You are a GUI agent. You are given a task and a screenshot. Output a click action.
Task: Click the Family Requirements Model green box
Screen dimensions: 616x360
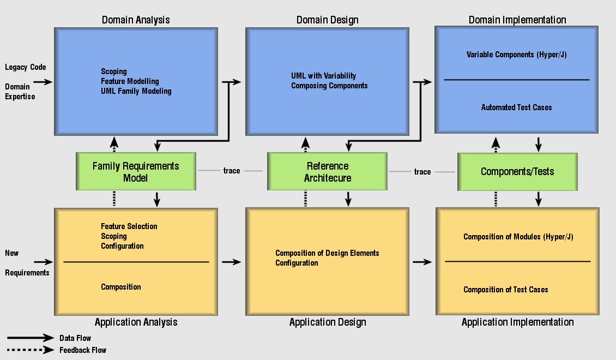pyautogui.click(x=136, y=171)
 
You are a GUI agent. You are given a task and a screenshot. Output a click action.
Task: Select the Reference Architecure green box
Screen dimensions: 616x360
pyautogui.click(x=327, y=171)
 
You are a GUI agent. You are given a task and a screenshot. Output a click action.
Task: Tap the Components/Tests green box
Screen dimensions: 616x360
pyautogui.click(x=517, y=172)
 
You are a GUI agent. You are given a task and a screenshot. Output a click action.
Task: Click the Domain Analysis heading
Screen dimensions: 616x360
pyautogui.click(x=136, y=20)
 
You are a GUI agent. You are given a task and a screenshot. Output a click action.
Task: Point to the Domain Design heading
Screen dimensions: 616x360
pyautogui.click(x=327, y=20)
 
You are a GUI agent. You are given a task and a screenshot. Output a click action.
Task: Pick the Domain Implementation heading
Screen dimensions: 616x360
pyautogui.click(x=517, y=20)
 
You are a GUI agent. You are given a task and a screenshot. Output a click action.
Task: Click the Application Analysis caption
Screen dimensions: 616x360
pyautogui.click(x=136, y=322)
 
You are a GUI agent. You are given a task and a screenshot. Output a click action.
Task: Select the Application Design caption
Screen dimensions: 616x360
pyautogui.click(x=328, y=322)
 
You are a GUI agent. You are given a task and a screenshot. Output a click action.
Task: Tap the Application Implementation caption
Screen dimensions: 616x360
pyautogui.click(x=517, y=322)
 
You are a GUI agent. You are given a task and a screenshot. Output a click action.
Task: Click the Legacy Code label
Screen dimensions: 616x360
pyautogui.click(x=26, y=67)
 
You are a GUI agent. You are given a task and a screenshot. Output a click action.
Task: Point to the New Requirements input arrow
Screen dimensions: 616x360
pyautogui.click(x=43, y=262)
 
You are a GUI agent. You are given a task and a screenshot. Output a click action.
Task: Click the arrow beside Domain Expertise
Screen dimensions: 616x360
pyautogui.click(x=43, y=82)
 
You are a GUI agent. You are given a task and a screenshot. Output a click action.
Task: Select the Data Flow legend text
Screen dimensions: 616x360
pyautogui.click(x=75, y=338)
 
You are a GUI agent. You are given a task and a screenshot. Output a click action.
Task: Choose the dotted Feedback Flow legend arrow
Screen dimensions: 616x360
pyautogui.click(x=30, y=350)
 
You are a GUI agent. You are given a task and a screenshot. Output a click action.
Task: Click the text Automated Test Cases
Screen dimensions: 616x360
pyautogui.click(x=517, y=107)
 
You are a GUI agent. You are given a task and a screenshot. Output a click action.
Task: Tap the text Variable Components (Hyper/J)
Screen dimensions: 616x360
pyautogui.click(x=517, y=55)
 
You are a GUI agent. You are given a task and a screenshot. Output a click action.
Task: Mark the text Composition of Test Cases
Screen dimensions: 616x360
pyautogui.click(x=505, y=290)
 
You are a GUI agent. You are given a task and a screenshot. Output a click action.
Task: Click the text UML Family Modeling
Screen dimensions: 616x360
pyautogui.click(x=136, y=91)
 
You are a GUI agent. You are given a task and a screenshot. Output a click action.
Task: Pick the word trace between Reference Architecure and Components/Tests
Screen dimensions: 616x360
pyautogui.click(x=422, y=172)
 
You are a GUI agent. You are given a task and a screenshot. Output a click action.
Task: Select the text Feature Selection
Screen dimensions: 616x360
pyautogui.click(x=129, y=226)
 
